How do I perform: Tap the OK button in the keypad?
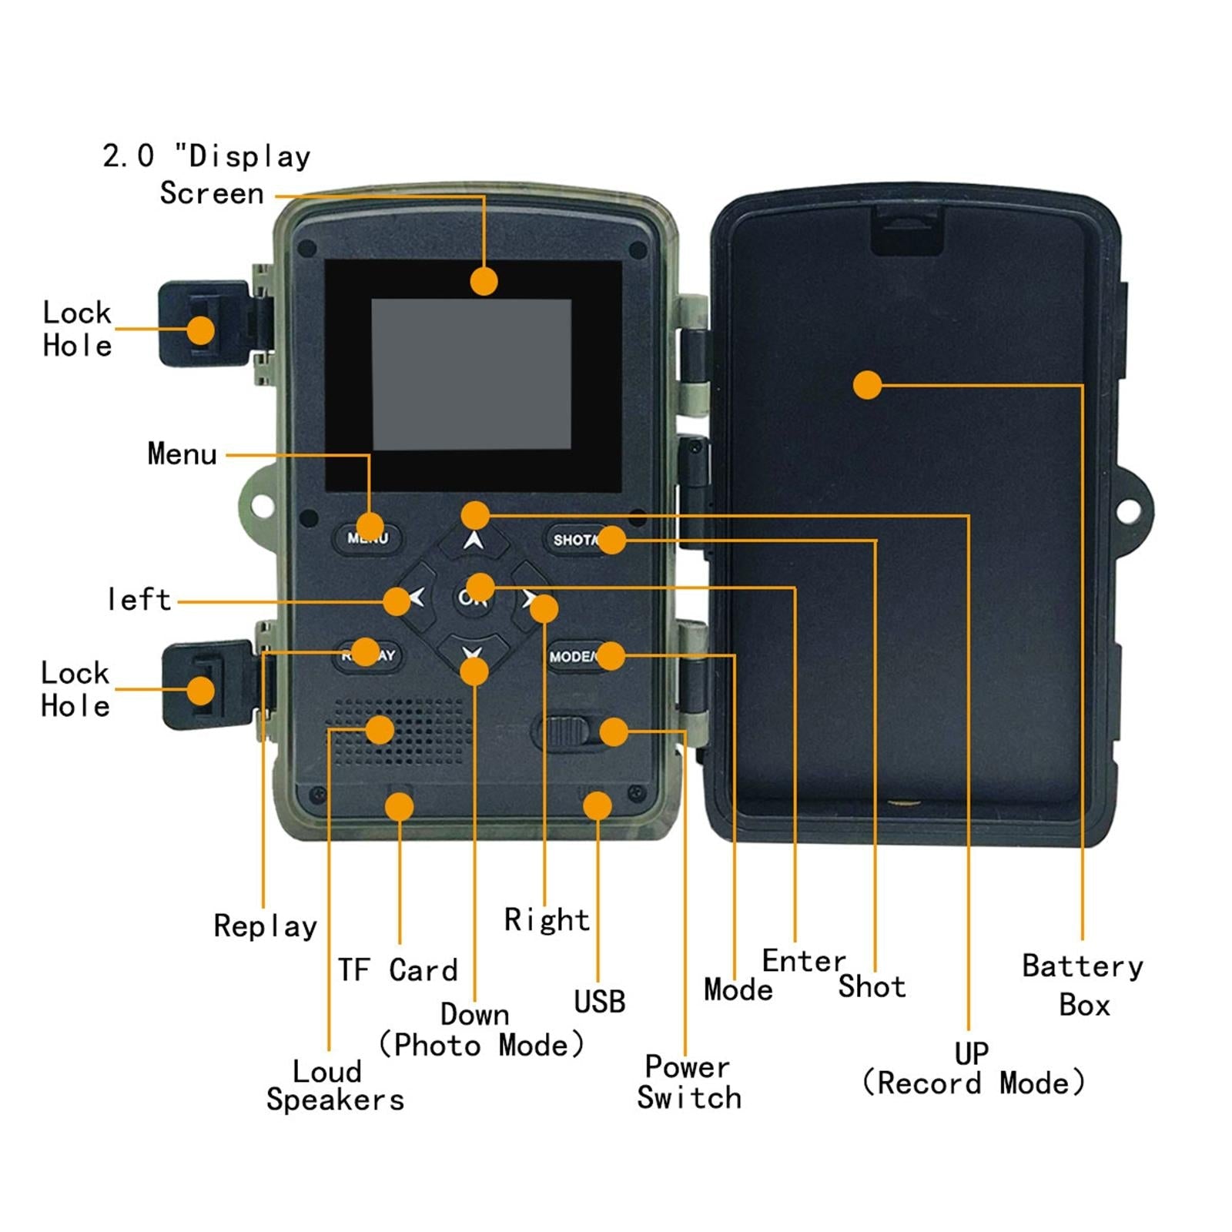point(472,597)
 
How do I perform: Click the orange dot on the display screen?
point(484,281)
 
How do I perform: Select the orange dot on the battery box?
point(867,385)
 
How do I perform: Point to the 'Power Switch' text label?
point(688,1082)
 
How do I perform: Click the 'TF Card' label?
point(397,970)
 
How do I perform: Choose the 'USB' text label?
point(599,1002)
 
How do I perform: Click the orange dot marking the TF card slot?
point(399,807)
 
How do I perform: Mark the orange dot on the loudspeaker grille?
point(380,729)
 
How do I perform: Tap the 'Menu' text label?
point(182,454)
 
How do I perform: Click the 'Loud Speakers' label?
point(335,1086)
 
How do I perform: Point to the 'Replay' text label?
point(265,926)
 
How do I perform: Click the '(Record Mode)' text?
point(973,1083)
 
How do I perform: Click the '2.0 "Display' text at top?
point(206,156)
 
